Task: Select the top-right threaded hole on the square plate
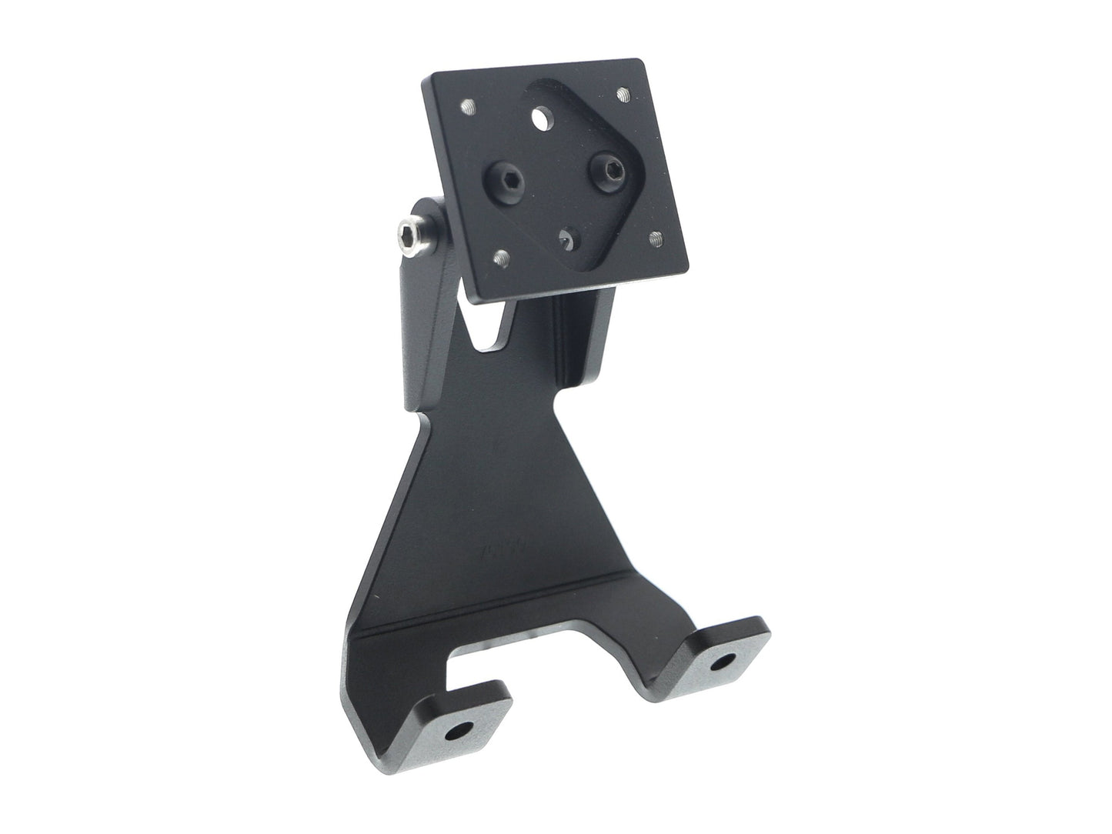[623, 95]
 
